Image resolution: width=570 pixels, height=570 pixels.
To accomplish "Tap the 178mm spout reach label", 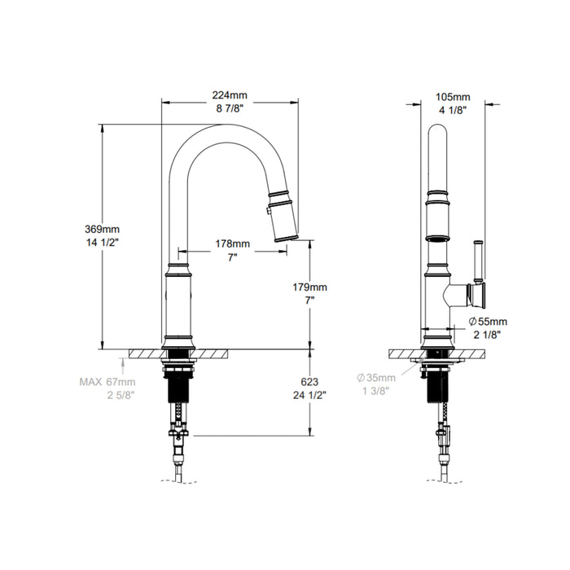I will pyautogui.click(x=232, y=243).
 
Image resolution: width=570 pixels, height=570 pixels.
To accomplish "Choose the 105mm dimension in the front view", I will pyautogui.click(x=450, y=94).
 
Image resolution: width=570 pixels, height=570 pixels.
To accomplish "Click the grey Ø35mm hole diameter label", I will pyautogui.click(x=375, y=378).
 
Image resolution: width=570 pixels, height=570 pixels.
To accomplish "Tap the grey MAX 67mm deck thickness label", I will pyautogui.click(x=107, y=380).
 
